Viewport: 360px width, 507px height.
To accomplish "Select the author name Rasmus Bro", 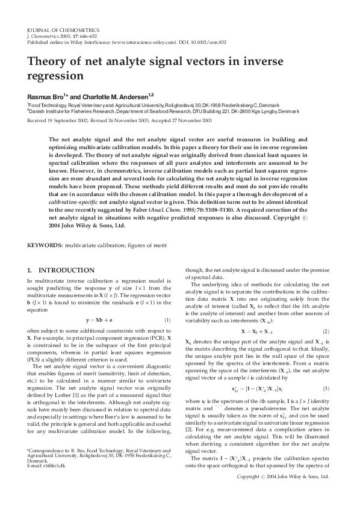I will pyautogui.click(x=45, y=96).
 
